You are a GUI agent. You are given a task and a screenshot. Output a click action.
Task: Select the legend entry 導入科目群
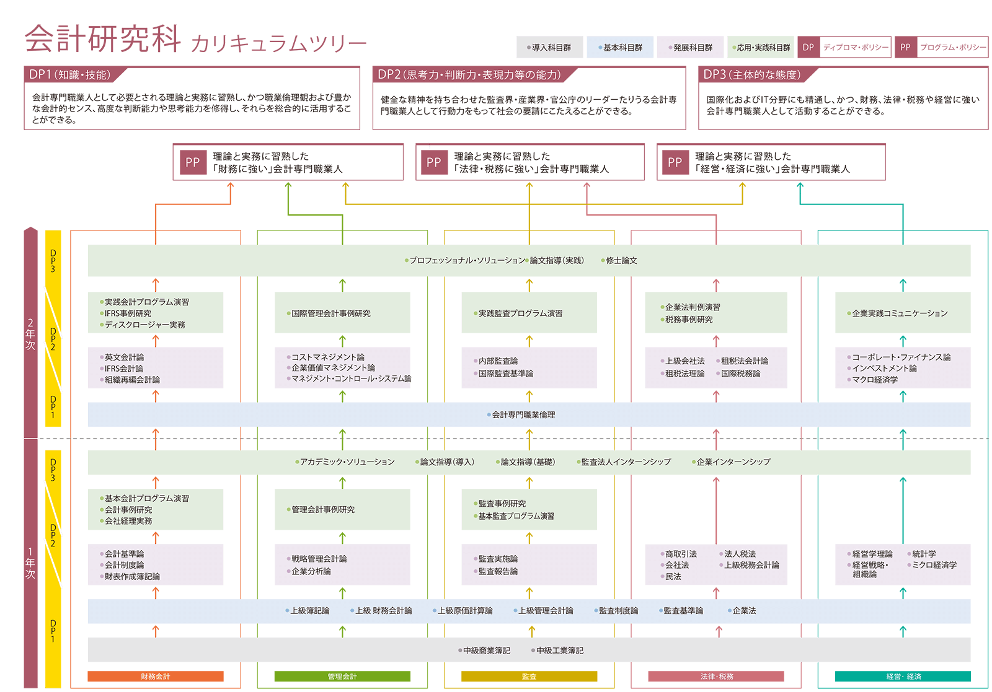coord(551,48)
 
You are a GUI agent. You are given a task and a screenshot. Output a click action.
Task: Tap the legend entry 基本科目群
coord(622,48)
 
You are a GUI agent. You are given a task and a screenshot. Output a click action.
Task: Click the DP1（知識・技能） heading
coord(69,75)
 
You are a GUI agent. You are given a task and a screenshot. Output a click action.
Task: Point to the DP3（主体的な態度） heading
coord(751,75)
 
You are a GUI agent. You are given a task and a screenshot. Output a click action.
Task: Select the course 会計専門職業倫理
coord(523,415)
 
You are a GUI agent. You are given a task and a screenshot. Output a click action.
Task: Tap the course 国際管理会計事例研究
coord(330,313)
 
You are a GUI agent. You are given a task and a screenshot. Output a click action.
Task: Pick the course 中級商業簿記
coord(486,650)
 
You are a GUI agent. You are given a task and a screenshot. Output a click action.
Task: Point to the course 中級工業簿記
coord(559,650)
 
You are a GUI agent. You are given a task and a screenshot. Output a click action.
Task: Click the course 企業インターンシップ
coord(733,462)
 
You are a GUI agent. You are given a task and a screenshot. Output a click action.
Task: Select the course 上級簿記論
coord(309,611)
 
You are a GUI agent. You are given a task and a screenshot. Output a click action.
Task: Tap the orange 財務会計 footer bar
coord(156,677)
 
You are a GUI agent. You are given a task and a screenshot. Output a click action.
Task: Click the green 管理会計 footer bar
coord(342,677)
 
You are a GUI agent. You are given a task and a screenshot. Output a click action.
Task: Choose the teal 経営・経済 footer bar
coord(903,677)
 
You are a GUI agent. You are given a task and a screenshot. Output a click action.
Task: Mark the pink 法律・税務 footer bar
coord(716,677)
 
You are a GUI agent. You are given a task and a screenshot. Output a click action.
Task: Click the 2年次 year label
coord(30,335)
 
